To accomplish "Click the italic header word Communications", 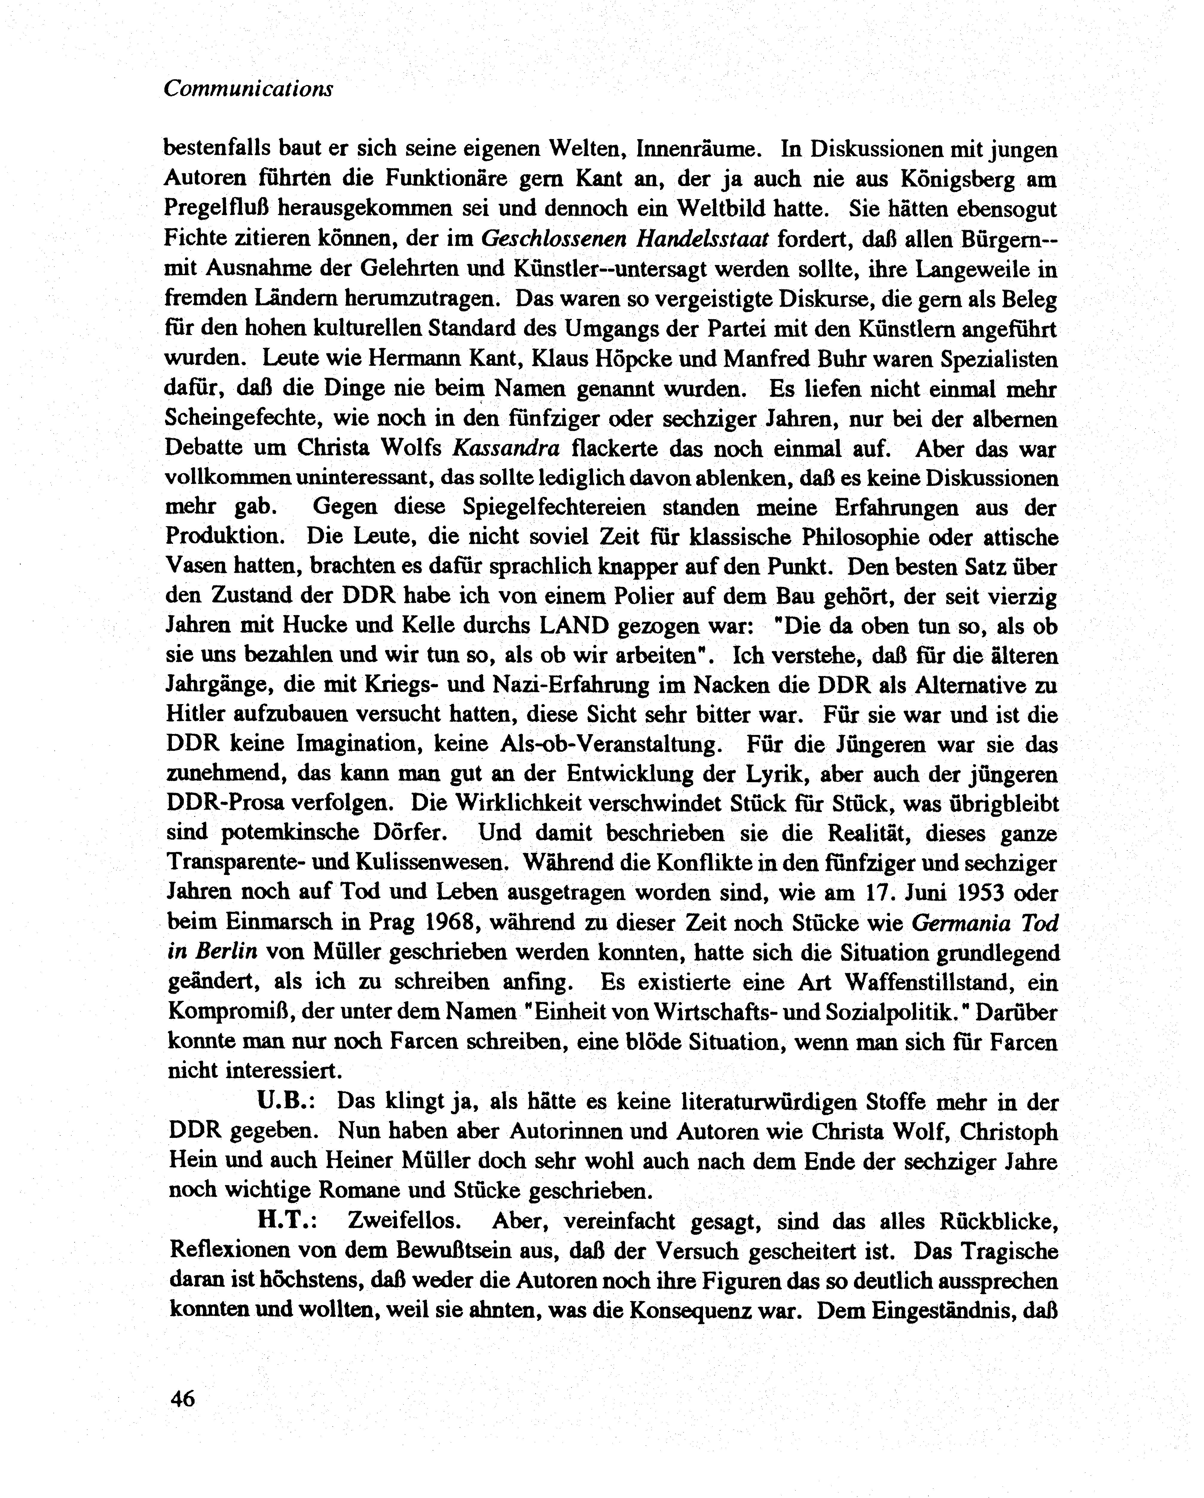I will (x=248, y=89).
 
